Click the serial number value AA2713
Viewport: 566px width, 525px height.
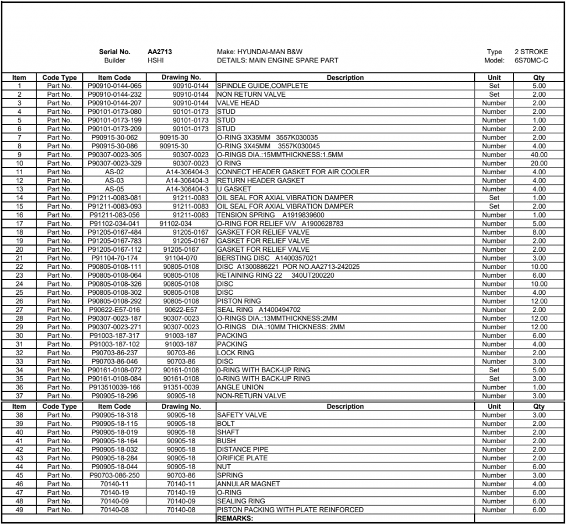pos(159,52)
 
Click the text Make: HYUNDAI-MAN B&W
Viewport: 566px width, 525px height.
pos(260,52)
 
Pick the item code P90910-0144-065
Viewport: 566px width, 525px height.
pos(114,86)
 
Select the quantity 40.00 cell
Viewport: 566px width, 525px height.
pos(539,155)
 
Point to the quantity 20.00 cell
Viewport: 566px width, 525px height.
pos(539,164)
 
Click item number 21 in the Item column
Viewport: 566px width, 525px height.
pos(19,258)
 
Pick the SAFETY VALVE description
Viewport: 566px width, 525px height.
pos(242,415)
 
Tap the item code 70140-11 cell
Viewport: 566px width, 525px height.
pos(114,484)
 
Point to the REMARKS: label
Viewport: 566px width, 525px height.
pos(234,519)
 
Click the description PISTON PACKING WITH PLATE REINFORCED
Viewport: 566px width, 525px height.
pos(290,510)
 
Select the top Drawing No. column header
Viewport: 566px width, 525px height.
pos(181,77)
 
